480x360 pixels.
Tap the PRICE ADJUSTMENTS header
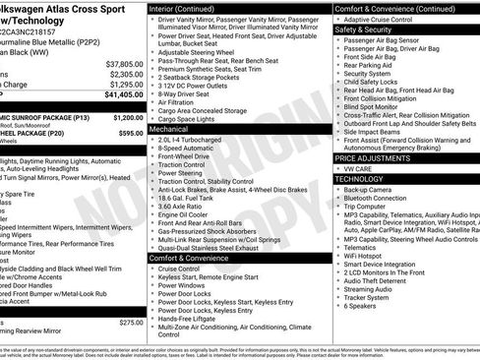pyautogui.click(x=375, y=157)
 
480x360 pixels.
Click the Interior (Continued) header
pyautogui.click(x=182, y=8)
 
